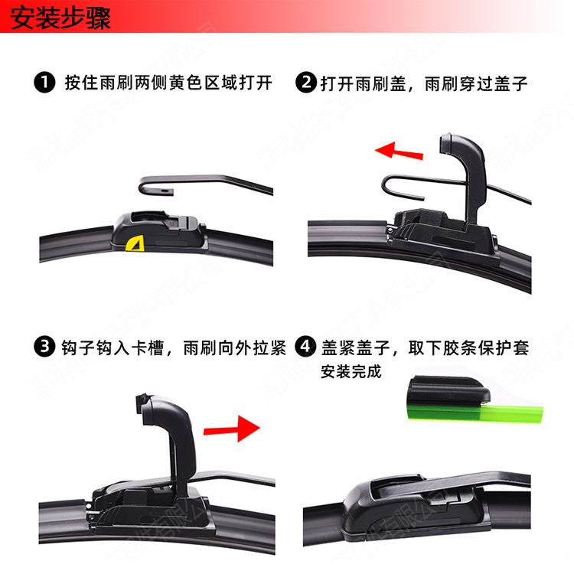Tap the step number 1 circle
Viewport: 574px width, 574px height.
[x=44, y=83]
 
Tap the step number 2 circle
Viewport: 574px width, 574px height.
[x=306, y=83]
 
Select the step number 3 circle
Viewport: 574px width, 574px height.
[x=44, y=348]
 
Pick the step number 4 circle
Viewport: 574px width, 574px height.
[x=306, y=348]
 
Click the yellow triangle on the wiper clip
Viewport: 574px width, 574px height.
[x=135, y=244]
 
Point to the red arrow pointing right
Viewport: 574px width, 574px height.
[x=233, y=429]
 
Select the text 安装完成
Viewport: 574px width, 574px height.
[x=351, y=373]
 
